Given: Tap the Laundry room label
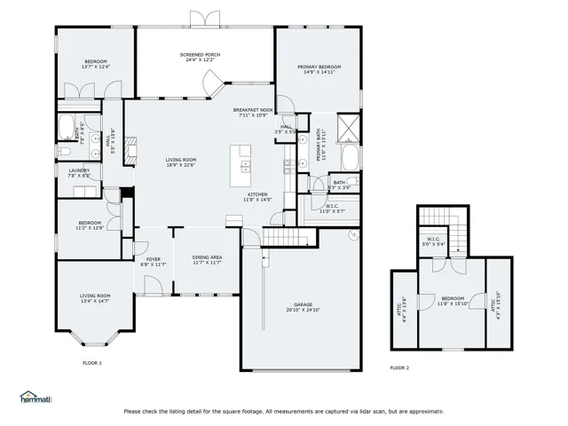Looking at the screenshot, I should [79, 173].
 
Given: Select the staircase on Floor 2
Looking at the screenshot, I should [435, 216].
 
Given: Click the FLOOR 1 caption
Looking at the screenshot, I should [92, 363].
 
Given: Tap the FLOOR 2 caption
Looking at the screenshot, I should [399, 367].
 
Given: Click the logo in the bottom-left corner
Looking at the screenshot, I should [35, 397].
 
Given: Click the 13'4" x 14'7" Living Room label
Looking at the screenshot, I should [95, 298].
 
